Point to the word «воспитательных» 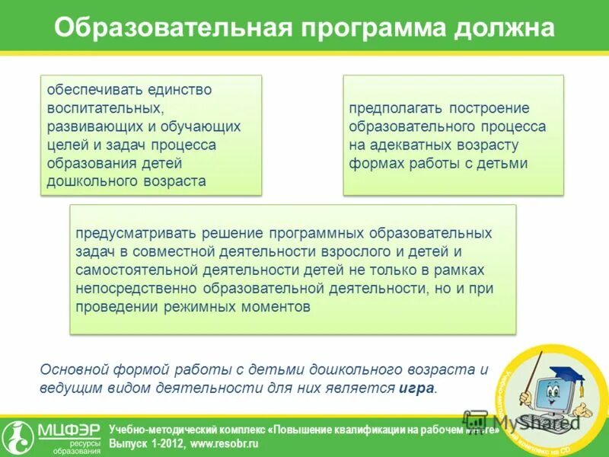[x=103, y=108]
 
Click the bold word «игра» [x=416, y=388]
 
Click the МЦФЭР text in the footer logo [x=69, y=431]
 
